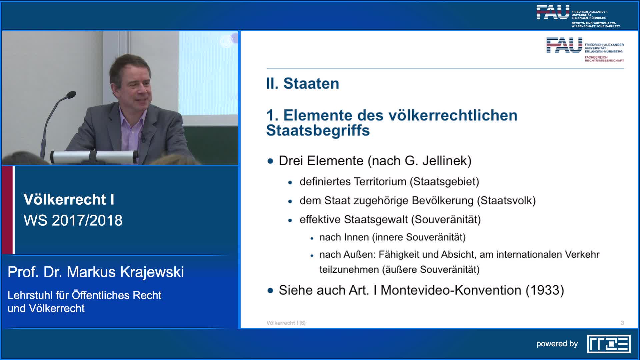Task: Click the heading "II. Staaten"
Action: pyautogui.click(x=302, y=83)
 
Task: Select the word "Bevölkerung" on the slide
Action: pyautogui.click(x=443, y=201)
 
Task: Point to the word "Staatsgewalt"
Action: pyautogui.click(x=376, y=220)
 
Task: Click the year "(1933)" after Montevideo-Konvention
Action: pyautogui.click(x=545, y=290)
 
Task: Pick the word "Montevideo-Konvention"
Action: pyautogui.click(x=451, y=290)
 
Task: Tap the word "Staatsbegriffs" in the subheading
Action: pyautogui.click(x=318, y=130)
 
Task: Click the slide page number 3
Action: pyautogui.click(x=622, y=323)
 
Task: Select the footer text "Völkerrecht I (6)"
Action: pyautogui.click(x=286, y=323)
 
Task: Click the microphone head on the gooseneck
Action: pyautogui.click(x=71, y=95)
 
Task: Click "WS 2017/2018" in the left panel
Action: pyautogui.click(x=73, y=220)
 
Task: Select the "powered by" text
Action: pyautogui.click(x=557, y=344)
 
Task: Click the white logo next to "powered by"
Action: pyautogui.click(x=609, y=344)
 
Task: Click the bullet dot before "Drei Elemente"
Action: pyautogui.click(x=270, y=161)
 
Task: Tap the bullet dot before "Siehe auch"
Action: pyautogui.click(x=270, y=291)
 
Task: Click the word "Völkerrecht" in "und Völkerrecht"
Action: pyautogui.click(x=57, y=308)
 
